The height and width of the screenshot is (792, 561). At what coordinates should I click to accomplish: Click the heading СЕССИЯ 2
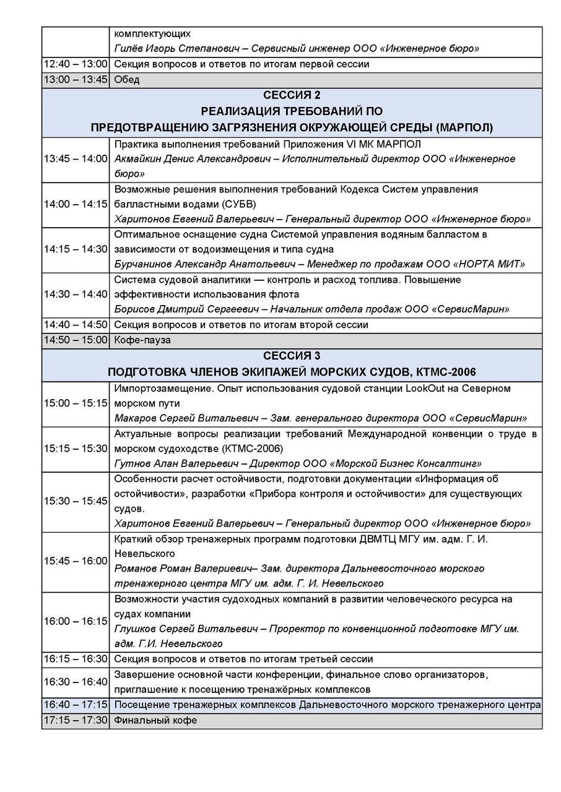[292, 95]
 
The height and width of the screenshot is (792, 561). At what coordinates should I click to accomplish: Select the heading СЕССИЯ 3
[292, 356]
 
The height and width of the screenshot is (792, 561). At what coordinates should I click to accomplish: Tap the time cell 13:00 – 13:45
[76, 80]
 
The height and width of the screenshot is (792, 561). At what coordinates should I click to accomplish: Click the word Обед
[127, 80]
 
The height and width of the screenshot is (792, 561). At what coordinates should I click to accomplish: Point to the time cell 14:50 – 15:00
[76, 340]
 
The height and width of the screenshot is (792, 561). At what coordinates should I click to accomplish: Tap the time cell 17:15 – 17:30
[76, 721]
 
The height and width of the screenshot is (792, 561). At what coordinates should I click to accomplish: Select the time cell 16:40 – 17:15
[76, 705]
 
